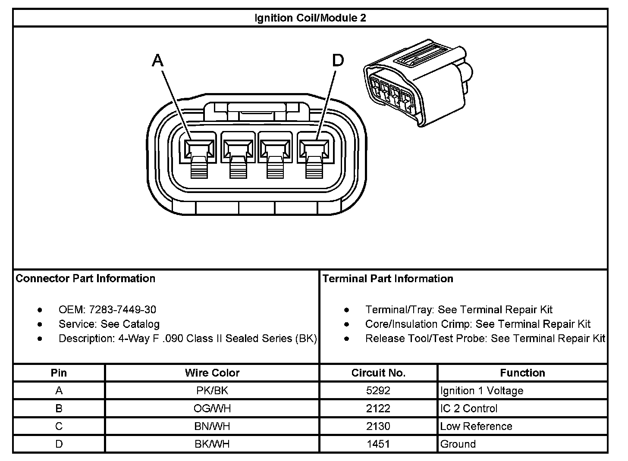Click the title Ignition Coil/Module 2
(310, 18)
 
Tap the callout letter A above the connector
(158, 61)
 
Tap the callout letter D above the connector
(338, 61)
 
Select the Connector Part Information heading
(85, 279)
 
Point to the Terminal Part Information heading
(388, 279)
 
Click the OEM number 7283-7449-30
(122, 310)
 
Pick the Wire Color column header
(212, 373)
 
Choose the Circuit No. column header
(378, 373)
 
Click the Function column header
(522, 373)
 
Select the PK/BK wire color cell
(212, 391)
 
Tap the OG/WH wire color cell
(212, 408)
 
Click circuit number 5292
(378, 391)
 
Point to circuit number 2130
(378, 426)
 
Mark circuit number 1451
(378, 444)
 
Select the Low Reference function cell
(476, 426)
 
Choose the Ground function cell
(458, 444)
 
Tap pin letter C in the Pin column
(59, 426)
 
